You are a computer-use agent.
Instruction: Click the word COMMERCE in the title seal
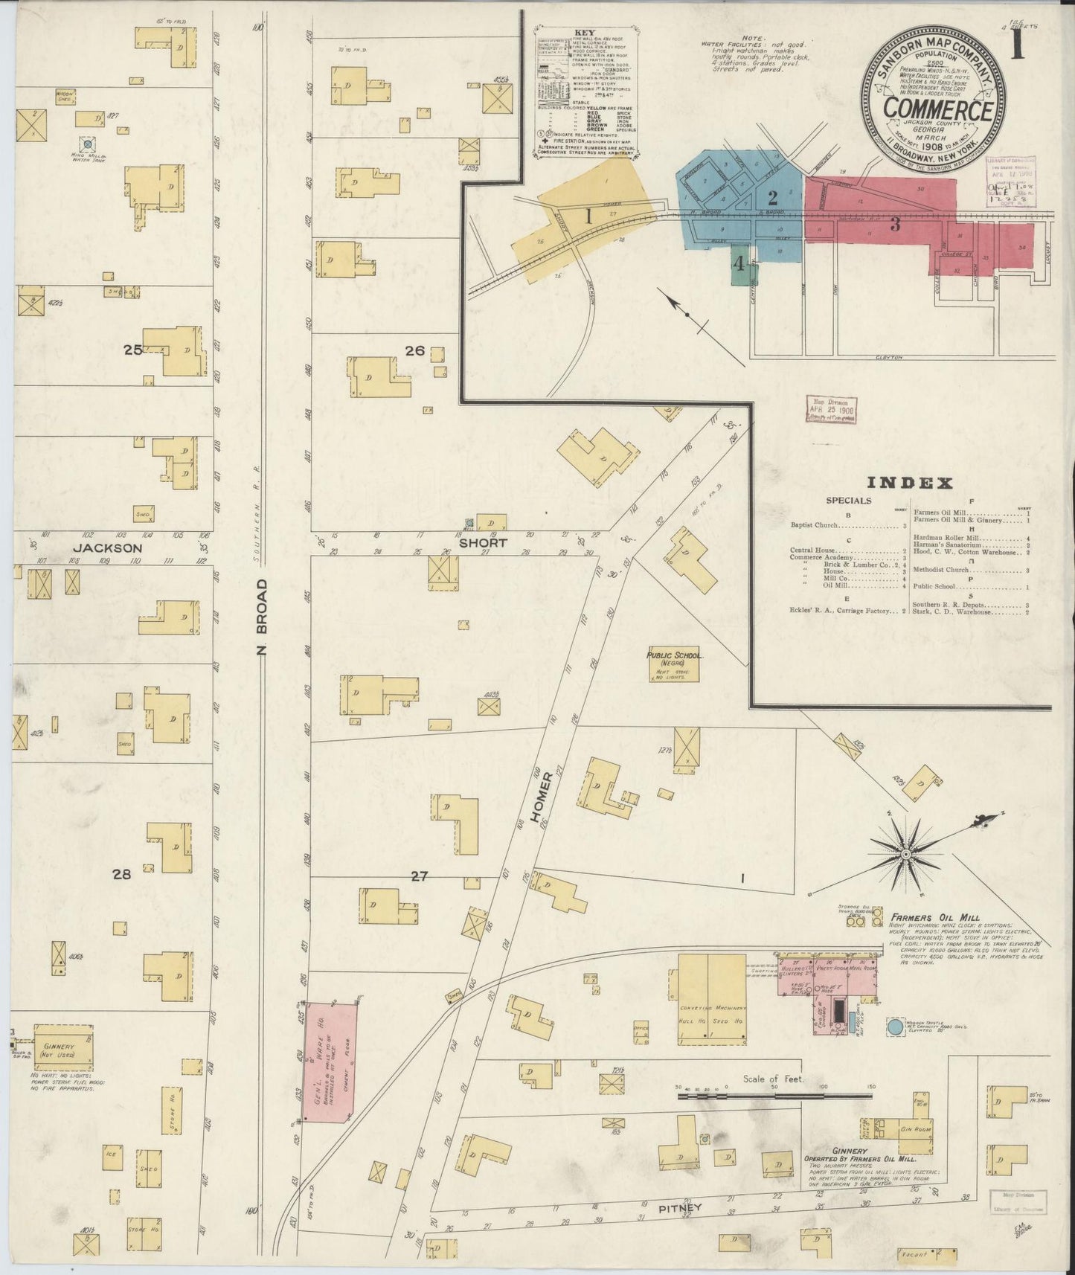(937, 110)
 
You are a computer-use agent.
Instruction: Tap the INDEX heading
(911, 483)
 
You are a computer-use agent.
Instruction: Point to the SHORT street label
(483, 542)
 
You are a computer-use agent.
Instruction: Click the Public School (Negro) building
(675, 664)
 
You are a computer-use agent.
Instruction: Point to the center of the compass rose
(905, 855)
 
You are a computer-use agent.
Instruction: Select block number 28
(121, 874)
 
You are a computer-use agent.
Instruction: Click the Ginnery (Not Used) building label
(61, 1050)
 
